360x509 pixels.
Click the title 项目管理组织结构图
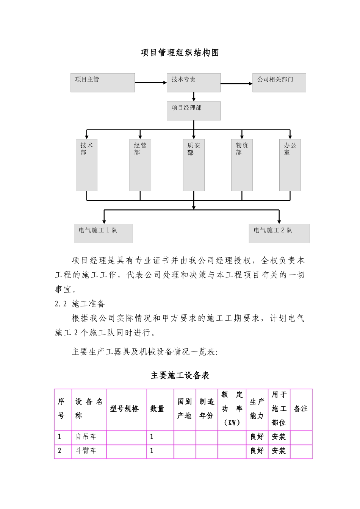[x=180, y=53]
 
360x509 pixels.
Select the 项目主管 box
[x=102, y=83]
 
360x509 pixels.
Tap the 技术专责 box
[x=193, y=83]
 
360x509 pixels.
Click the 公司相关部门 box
[x=279, y=83]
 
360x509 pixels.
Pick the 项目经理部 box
[x=193, y=111]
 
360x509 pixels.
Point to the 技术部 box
[x=86, y=165]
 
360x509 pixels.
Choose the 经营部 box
[x=140, y=165]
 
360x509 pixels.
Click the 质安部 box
[x=194, y=165]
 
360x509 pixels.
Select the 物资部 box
[x=242, y=165]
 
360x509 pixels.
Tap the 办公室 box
[x=290, y=165]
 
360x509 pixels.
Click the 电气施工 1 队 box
[x=103, y=233]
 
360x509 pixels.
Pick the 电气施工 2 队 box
[x=279, y=233]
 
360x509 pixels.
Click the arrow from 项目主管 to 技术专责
[x=150, y=83]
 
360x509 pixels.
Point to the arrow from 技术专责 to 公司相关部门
[x=236, y=83]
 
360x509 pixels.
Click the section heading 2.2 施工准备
[x=80, y=304]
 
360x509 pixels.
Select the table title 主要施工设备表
[x=180, y=375]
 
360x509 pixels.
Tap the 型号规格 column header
[x=125, y=409]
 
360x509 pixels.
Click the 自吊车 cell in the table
[x=86, y=437]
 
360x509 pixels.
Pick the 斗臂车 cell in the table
[x=86, y=451]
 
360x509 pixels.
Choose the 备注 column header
[x=301, y=409]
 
